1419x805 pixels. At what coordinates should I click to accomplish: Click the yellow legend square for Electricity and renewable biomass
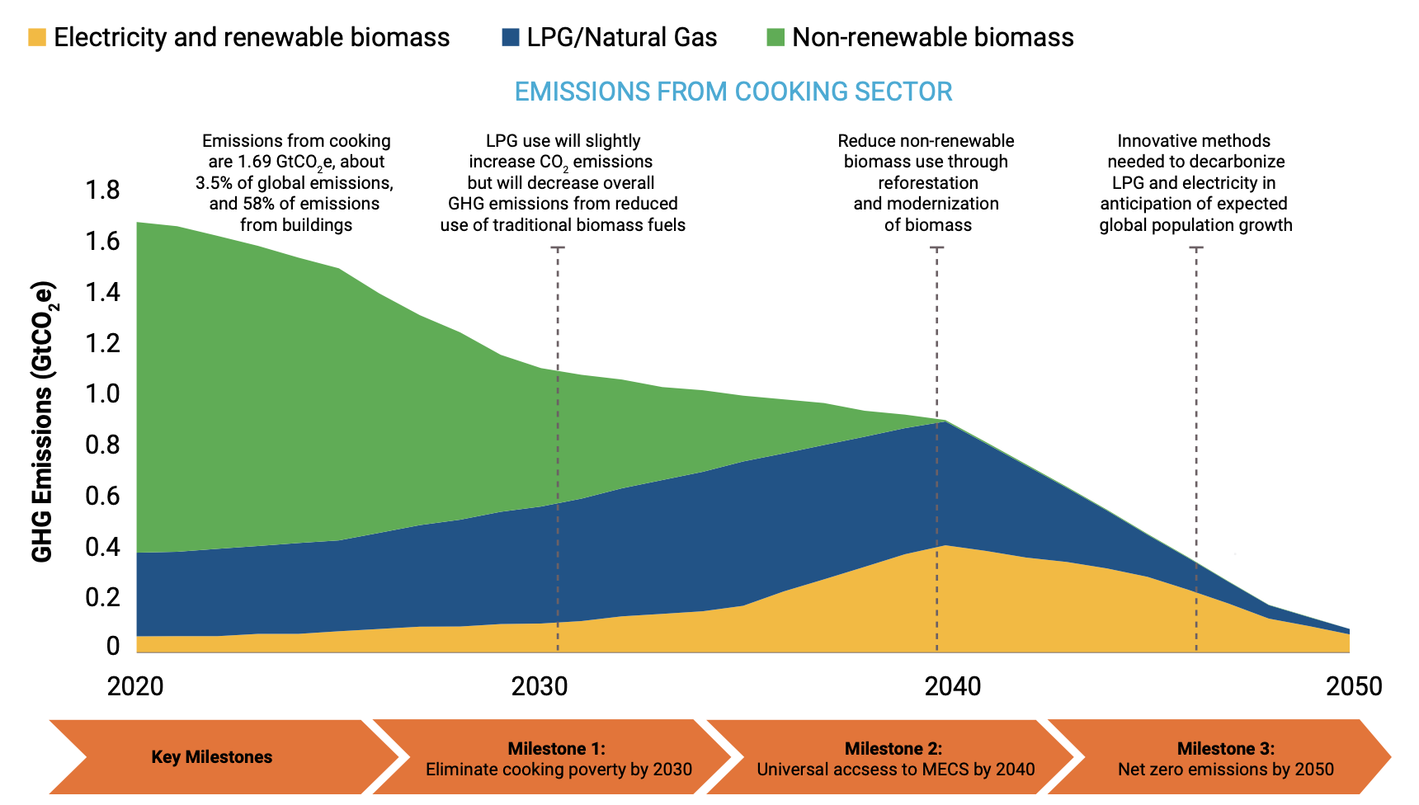coord(37,37)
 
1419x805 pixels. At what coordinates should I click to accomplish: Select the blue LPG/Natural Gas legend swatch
coord(510,37)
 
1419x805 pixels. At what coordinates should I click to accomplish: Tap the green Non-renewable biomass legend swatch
coord(775,37)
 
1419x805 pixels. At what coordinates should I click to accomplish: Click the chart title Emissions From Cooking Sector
coord(733,92)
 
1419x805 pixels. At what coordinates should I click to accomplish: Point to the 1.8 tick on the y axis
coord(102,191)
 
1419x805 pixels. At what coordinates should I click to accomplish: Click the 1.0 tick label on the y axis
coord(102,394)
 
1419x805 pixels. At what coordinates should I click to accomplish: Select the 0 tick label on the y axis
coord(113,646)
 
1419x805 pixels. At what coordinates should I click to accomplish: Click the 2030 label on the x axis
coord(540,686)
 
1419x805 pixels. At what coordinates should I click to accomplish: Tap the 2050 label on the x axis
coord(1353,686)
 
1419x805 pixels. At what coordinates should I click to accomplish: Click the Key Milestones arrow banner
coord(212,757)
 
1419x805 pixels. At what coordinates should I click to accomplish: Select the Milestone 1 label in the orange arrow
coord(556,748)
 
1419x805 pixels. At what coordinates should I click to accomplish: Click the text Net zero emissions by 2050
coord(1225,770)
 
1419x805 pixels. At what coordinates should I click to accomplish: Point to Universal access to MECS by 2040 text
coord(895,770)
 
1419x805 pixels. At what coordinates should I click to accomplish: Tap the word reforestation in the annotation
coord(927,183)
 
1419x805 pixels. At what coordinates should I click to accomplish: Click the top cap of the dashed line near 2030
coord(558,247)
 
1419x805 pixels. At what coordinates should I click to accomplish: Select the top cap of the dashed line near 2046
coord(1196,247)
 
